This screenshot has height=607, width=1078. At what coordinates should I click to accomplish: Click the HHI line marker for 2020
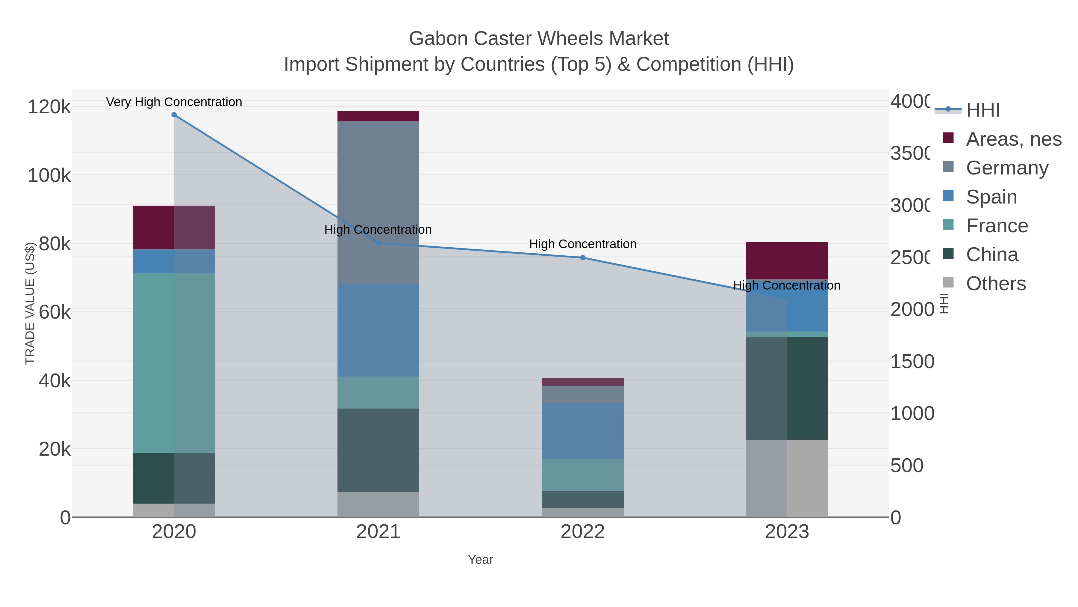174,115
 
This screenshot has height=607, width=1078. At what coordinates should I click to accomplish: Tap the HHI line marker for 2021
378,243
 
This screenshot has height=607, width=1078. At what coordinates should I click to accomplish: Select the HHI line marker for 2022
582,257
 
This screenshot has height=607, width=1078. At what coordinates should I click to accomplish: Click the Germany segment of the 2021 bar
378,202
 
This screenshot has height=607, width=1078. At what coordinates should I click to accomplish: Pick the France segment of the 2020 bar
174,363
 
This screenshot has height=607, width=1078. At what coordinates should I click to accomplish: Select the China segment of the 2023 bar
787,388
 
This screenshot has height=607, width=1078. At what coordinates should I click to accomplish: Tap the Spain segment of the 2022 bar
582,431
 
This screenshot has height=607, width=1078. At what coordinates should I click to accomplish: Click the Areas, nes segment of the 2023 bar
787,260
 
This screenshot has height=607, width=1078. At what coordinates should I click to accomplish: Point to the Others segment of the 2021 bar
378,504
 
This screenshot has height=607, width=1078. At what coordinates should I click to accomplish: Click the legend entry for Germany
1007,168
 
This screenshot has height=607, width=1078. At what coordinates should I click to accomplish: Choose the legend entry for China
992,255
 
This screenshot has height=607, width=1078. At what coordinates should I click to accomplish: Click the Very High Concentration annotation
174,102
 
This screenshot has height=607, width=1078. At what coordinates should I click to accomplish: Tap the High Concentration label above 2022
582,244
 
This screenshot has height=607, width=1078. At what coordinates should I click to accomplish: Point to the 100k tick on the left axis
49,176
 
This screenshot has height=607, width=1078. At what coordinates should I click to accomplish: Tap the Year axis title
480,560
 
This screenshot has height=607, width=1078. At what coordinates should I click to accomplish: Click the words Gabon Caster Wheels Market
539,39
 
